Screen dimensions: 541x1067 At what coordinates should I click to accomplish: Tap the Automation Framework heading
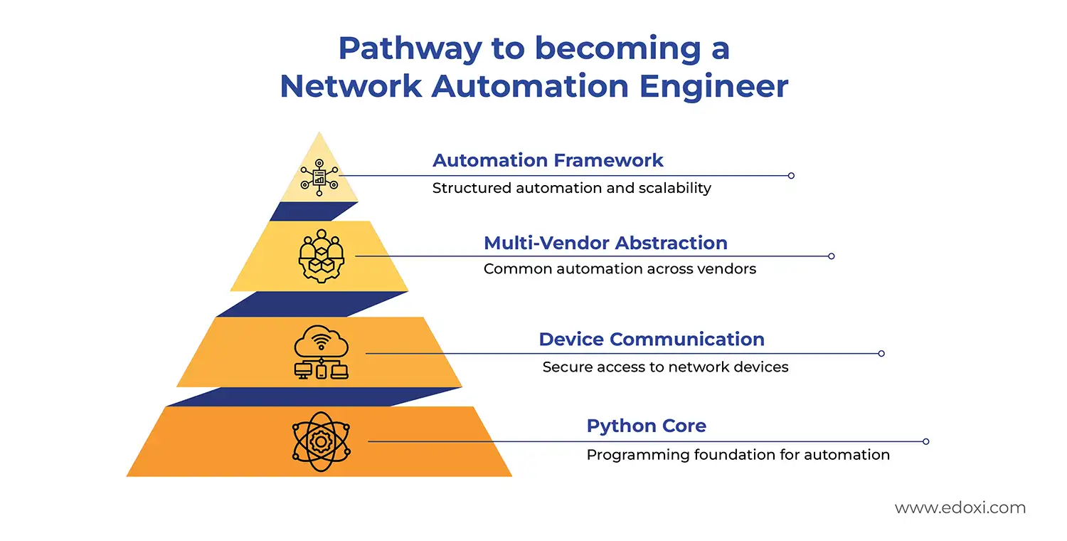pyautogui.click(x=548, y=160)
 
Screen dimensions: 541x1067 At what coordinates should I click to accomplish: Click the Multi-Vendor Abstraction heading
pyautogui.click(x=605, y=243)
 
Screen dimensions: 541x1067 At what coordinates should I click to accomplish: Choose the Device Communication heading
pyautogui.click(x=652, y=339)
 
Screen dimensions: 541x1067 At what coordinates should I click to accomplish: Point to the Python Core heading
pyautogui.click(x=646, y=426)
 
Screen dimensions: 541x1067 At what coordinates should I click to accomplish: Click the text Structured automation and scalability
pyautogui.click(x=572, y=188)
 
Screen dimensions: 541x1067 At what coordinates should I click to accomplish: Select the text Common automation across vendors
pyautogui.click(x=620, y=269)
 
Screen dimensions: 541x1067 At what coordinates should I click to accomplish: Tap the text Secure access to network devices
pyautogui.click(x=665, y=367)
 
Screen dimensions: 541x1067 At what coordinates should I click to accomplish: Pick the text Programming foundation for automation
pyautogui.click(x=738, y=455)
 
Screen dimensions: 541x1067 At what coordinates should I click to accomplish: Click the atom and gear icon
pyautogui.click(x=320, y=441)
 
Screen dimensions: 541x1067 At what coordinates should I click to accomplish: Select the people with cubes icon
pyautogui.click(x=321, y=256)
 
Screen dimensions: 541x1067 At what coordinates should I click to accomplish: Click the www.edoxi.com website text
pyautogui.click(x=960, y=508)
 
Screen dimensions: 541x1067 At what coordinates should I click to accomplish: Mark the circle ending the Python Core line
pyautogui.click(x=925, y=441)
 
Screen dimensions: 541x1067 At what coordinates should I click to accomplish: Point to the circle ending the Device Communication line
pyautogui.click(x=881, y=353)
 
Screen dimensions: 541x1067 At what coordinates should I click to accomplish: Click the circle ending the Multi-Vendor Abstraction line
pyautogui.click(x=831, y=256)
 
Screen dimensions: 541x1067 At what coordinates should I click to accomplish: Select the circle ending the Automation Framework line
pyautogui.click(x=791, y=175)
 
